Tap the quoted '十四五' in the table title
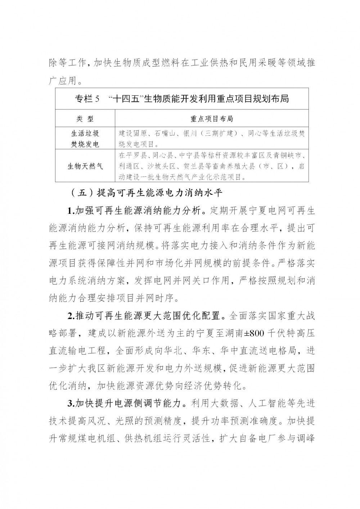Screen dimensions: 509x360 click(127, 99)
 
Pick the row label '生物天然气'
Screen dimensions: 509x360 click(85, 166)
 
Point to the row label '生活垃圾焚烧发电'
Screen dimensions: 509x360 click(85, 139)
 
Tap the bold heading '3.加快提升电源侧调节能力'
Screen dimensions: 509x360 click(127, 404)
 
